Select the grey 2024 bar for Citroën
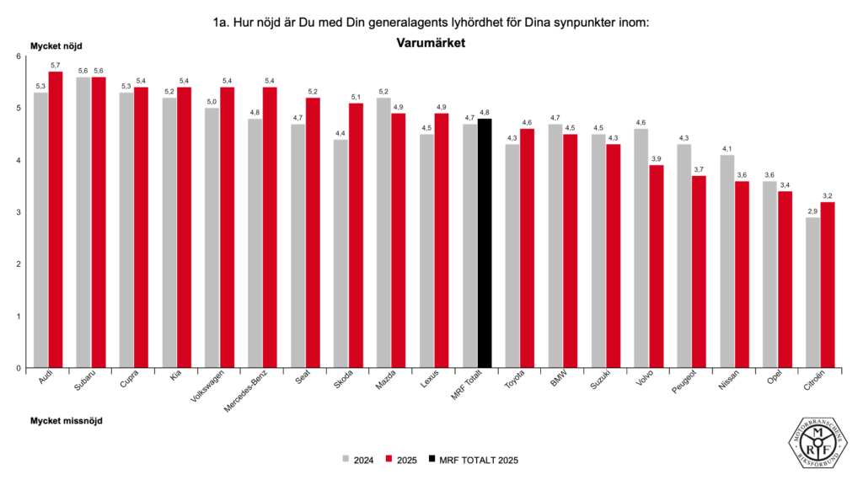(812, 292)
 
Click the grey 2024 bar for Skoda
(340, 253)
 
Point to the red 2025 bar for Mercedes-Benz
(270, 227)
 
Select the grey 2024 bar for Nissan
(726, 261)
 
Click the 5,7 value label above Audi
(56, 65)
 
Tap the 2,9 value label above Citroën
(812, 211)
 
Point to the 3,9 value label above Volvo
(657, 158)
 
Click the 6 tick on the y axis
(19, 56)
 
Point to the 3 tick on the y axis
(19, 212)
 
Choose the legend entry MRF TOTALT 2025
(473, 460)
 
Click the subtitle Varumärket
(431, 41)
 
